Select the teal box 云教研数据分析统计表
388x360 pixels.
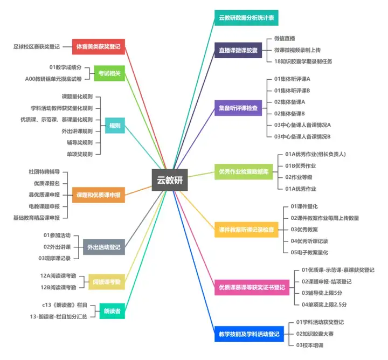[246, 18]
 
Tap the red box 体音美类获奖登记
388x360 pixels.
[99, 47]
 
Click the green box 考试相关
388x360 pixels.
[110, 73]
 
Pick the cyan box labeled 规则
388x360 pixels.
[115, 126]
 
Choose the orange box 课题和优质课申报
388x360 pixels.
[99, 195]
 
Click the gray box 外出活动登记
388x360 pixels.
[104, 247]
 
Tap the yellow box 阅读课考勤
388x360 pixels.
[107, 282]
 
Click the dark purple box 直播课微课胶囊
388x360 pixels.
[238, 50]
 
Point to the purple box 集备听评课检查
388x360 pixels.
[238, 108]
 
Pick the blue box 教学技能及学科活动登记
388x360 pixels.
[248, 334]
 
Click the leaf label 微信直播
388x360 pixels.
[284, 39]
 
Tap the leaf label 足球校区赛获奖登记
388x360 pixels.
[36, 47]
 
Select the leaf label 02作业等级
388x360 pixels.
[299, 177]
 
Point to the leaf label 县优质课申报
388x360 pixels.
[44, 194]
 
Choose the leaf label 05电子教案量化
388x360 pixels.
[309, 252]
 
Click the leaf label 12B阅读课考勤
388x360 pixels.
[58, 287]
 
